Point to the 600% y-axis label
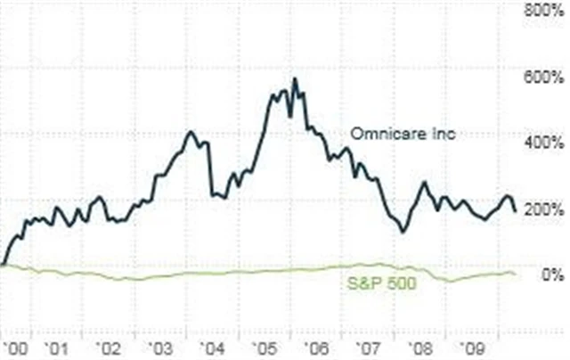point(544,77)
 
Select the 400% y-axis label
point(544,143)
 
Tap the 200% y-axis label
point(544,209)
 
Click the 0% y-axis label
point(553,275)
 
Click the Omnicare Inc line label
point(390,134)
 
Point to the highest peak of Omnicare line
point(295,79)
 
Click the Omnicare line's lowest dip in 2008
point(403,232)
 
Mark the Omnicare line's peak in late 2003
point(190,132)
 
